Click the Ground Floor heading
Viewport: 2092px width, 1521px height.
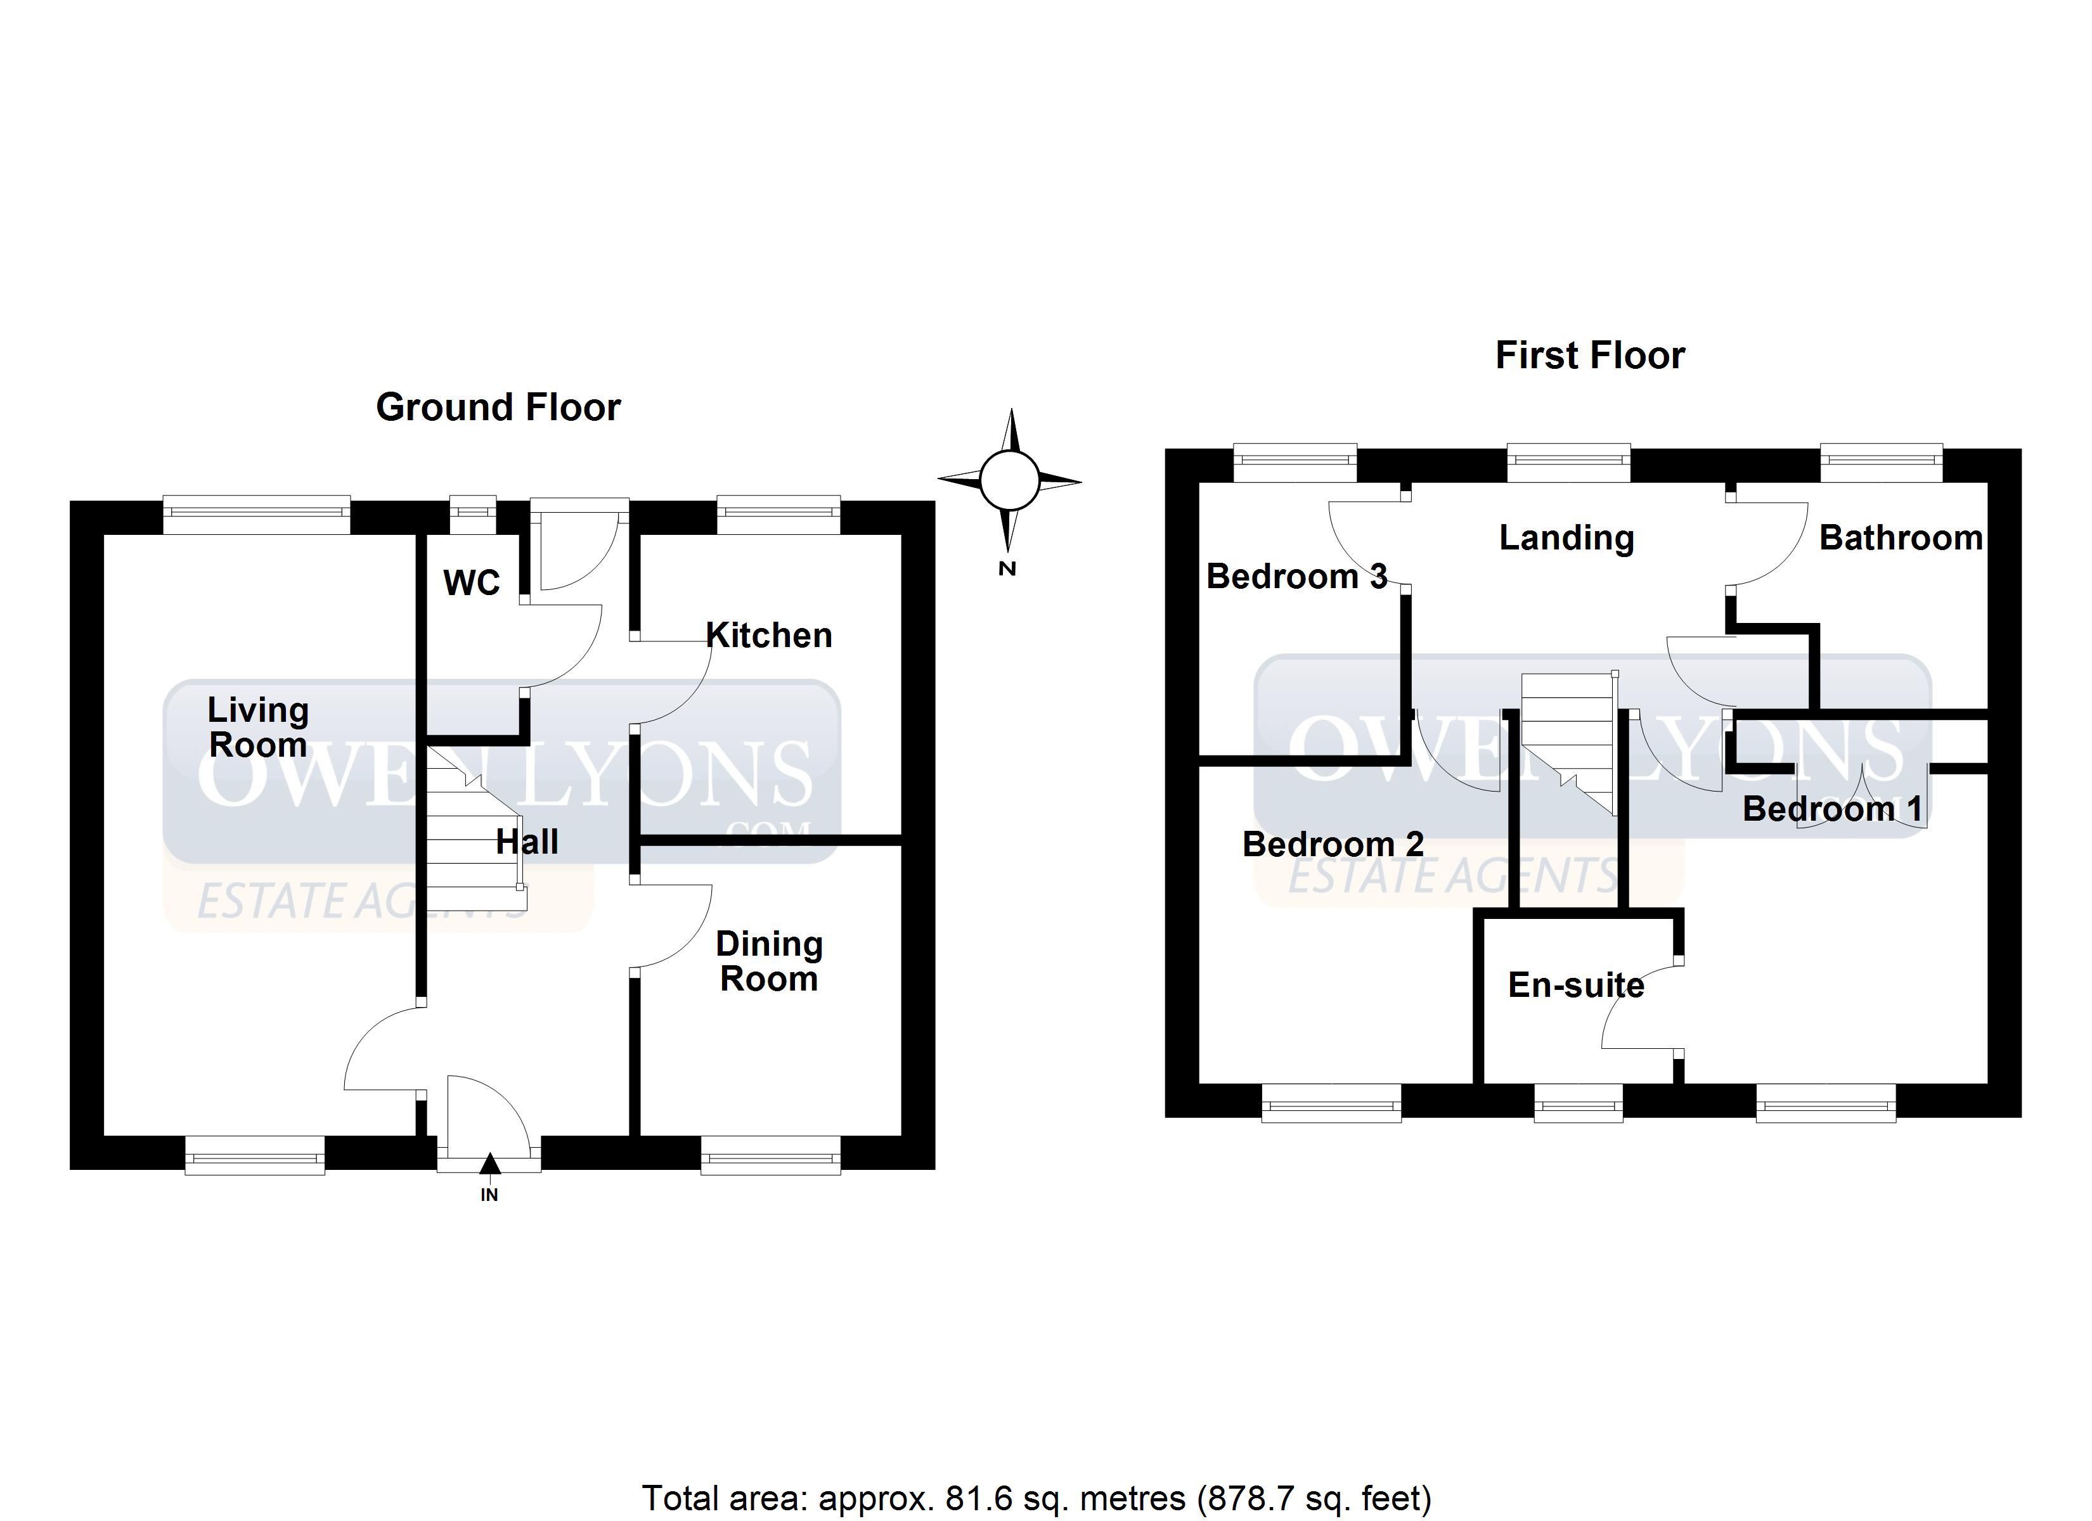498,408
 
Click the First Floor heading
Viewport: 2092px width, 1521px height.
1590,355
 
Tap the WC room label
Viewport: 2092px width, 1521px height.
472,583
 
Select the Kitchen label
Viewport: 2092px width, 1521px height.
769,636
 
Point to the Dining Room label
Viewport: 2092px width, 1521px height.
769,961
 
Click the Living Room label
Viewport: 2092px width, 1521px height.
257,728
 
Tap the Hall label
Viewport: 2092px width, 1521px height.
527,842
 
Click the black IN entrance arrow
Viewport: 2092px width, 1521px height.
490,1164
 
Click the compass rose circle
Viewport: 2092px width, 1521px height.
1009,480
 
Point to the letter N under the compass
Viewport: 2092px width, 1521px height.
1007,569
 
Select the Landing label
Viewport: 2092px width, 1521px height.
1566,539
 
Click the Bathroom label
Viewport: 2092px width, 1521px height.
1901,538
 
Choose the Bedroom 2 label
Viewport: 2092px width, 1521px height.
1333,844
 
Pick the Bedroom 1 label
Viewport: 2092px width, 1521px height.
1833,809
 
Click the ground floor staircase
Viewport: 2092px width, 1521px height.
475,828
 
